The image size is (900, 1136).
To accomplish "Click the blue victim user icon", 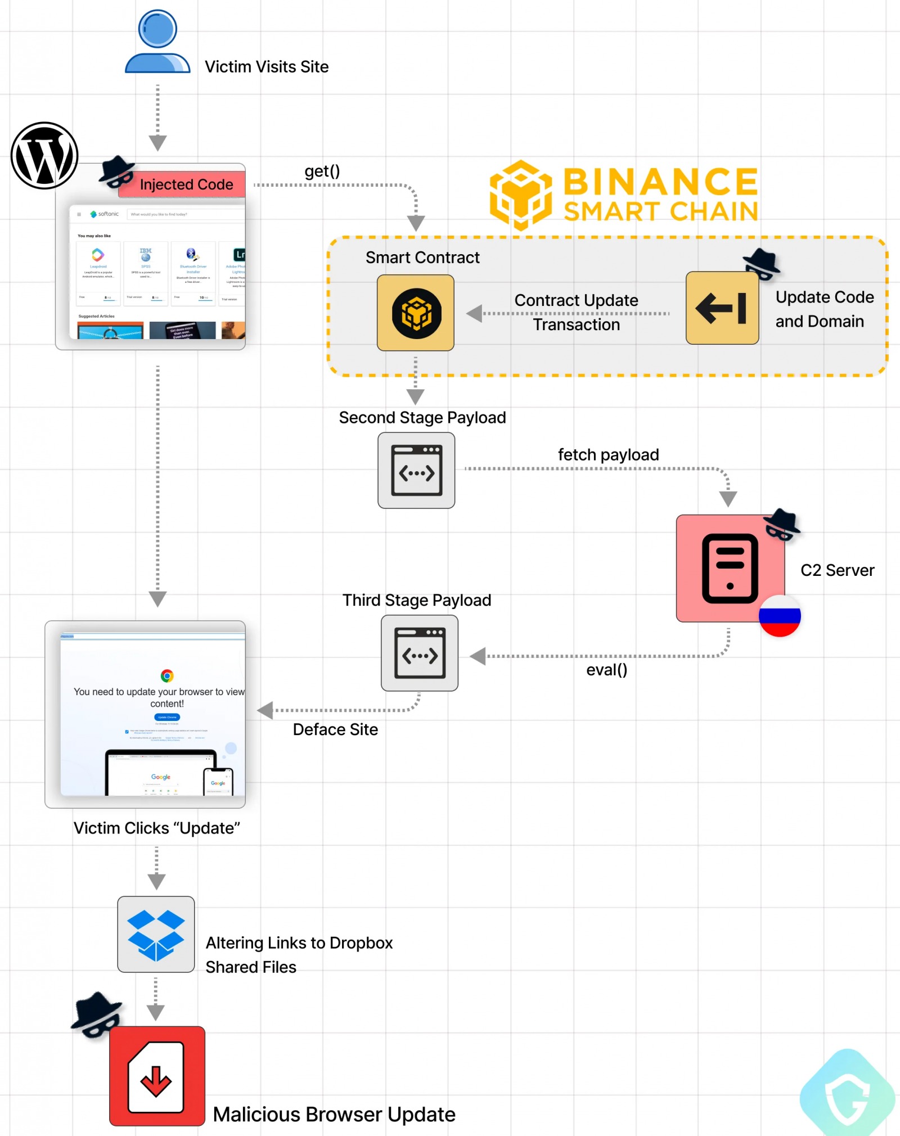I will coord(157,42).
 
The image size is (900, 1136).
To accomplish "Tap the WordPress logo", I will coord(44,156).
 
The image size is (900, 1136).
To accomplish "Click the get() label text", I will coord(322,171).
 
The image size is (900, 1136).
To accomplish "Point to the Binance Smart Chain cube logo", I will coord(521,195).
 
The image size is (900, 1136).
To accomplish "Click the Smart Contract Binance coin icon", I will coord(416,313).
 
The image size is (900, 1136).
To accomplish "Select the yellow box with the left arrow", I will coord(722,308).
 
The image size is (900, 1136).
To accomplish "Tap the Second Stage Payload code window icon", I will coord(416,470).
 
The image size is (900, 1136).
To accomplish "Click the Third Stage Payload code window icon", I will coord(420,653).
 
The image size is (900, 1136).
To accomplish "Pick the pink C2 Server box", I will coord(730,568).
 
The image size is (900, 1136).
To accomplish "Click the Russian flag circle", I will coord(780,615).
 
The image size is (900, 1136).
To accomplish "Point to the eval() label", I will coord(606,670).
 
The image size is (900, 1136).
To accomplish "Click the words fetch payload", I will coord(608,454).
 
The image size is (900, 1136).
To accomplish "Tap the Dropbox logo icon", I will coord(156,934).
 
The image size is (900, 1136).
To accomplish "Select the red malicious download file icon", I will coord(157,1076).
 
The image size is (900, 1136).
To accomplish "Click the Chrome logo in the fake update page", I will coord(167,675).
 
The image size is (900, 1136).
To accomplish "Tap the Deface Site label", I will coord(335,729).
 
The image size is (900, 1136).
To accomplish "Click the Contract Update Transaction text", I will coord(576,312).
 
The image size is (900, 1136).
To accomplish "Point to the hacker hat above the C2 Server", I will coord(781,524).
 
